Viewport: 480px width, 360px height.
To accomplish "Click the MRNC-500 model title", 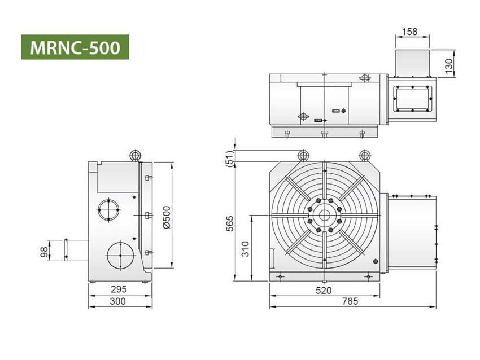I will tap(75, 47).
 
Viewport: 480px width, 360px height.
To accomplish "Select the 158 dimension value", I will tap(411, 32).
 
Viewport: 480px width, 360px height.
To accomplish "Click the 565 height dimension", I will tap(229, 223).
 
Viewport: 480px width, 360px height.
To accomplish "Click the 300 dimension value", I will tap(119, 301).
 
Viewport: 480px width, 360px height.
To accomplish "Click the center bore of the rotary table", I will tap(324, 215).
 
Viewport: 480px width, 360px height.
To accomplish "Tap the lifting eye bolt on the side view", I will tap(135, 155).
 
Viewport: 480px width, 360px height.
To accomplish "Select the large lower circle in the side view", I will tap(120, 254).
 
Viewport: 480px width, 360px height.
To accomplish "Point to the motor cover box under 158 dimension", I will tap(412, 63).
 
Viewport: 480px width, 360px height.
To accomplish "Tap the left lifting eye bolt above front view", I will tap(303, 155).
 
